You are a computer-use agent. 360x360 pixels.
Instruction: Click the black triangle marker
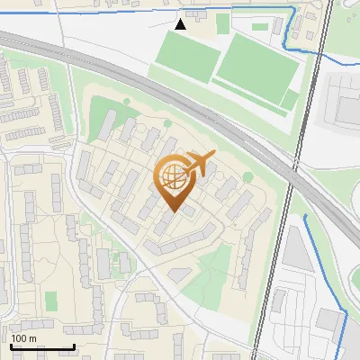[181, 24]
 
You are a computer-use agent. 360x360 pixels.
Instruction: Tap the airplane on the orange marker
[201, 164]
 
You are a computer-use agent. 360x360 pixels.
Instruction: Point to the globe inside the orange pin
[173, 177]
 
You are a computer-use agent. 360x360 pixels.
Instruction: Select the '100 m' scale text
[23, 338]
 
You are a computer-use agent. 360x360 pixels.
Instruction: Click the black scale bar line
[42, 346]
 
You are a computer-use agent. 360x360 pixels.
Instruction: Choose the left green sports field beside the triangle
[187, 56]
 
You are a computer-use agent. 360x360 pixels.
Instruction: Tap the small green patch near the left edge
[50, 298]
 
